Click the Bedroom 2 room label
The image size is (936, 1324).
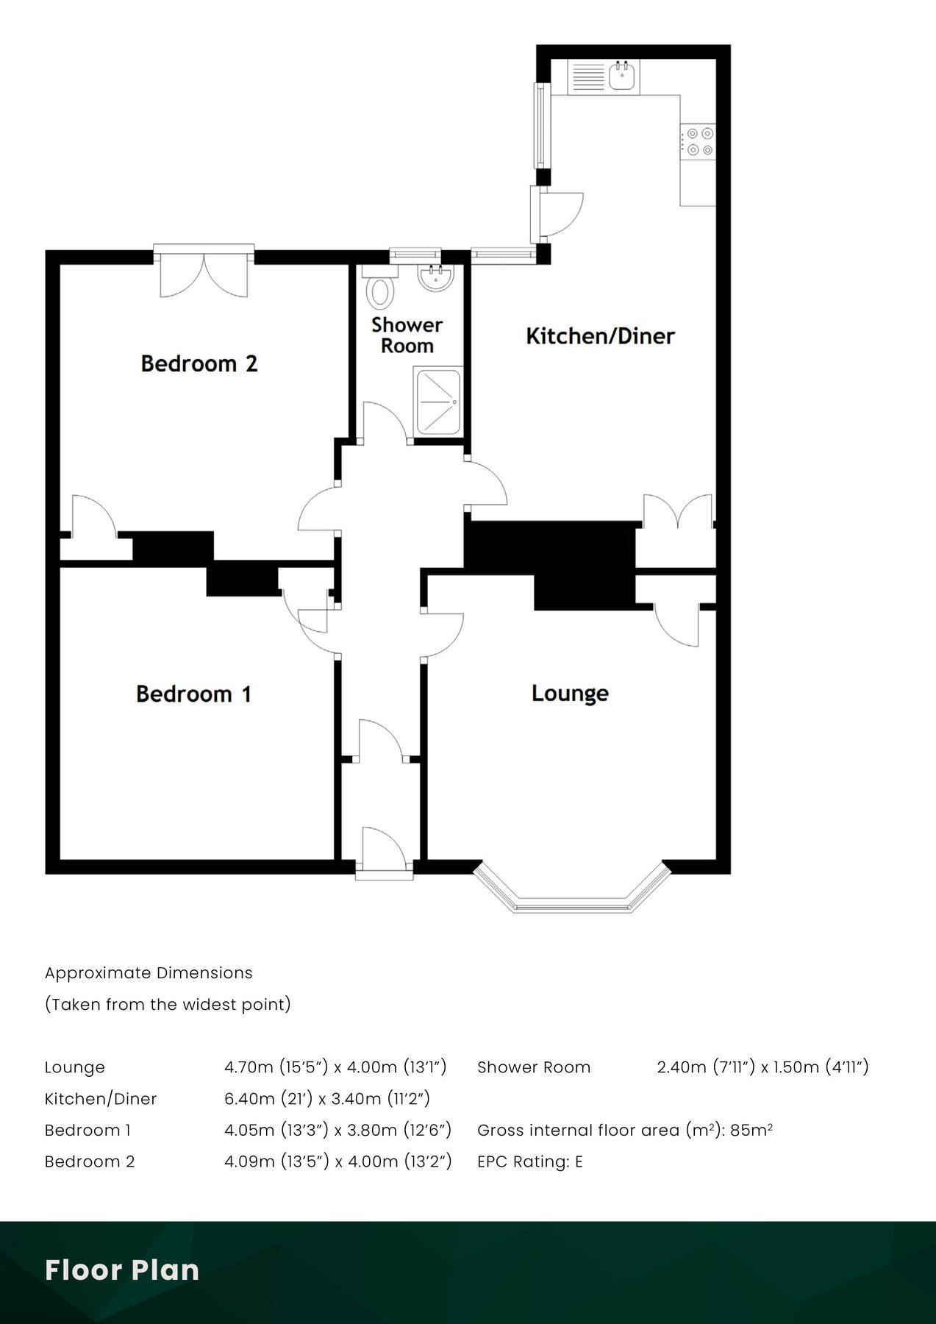pos(199,363)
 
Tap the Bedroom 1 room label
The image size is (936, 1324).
pos(194,694)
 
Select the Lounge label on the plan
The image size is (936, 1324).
pos(570,693)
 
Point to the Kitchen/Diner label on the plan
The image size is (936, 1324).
pos(600,336)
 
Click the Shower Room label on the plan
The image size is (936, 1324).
pos(407,335)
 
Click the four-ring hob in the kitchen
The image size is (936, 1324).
pos(698,141)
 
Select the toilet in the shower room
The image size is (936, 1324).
pos(380,288)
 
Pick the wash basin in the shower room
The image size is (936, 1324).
pos(436,277)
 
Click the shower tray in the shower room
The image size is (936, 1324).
pos(438,402)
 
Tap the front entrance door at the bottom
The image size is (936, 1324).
pos(384,852)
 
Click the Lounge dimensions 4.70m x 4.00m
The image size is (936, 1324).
pos(335,1067)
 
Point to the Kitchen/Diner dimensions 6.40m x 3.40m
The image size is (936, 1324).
pos(326,1098)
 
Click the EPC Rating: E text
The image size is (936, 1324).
pos(529,1161)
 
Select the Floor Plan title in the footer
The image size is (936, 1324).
pos(122,1270)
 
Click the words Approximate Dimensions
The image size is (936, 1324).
pos(149,972)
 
